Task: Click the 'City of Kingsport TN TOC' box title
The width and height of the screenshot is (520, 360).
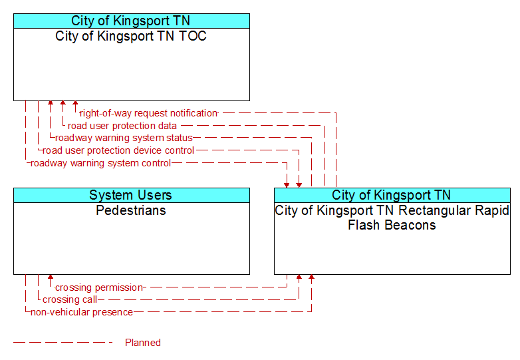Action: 131,36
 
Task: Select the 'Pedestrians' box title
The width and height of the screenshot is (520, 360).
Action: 131,210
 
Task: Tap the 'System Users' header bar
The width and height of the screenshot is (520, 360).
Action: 132,195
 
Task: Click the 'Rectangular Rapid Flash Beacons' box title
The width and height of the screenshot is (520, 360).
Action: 392,218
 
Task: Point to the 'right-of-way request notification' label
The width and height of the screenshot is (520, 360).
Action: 148,113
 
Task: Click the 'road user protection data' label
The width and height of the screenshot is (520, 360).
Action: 122,126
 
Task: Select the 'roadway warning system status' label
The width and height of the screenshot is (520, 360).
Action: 124,138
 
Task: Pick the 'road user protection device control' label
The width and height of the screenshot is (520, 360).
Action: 118,150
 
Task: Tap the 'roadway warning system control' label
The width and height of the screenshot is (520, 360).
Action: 101,163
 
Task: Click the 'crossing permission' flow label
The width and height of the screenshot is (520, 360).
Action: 99,287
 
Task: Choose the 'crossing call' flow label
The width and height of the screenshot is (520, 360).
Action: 70,299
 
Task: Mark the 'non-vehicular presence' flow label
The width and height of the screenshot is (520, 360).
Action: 82,312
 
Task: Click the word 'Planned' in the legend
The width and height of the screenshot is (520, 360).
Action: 143,343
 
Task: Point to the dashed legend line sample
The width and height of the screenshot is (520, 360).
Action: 63,342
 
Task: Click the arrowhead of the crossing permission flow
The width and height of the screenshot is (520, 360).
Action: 51,277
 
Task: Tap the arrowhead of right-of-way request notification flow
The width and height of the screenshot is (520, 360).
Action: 75,104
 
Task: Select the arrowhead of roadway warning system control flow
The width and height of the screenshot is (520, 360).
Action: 287,185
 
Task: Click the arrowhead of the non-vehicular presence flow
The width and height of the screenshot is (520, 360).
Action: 311,277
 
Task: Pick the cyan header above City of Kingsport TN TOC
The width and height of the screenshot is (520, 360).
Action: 132,21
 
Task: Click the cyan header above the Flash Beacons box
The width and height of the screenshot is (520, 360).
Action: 392,195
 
